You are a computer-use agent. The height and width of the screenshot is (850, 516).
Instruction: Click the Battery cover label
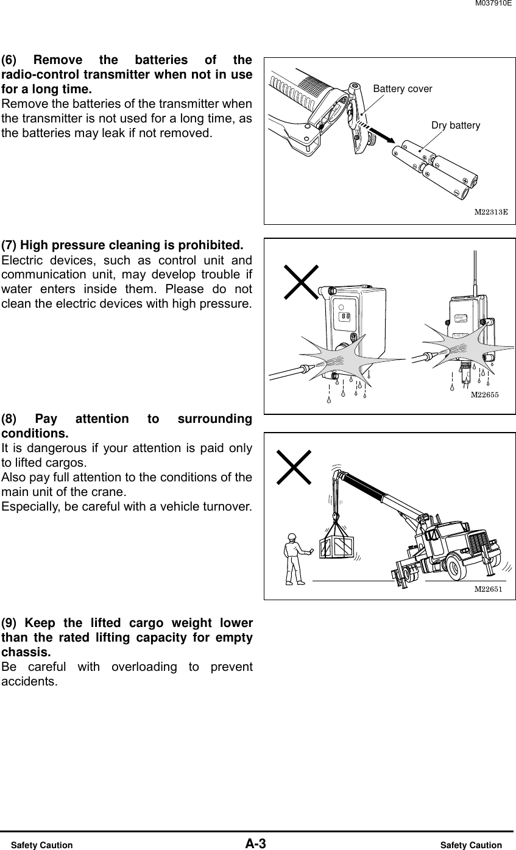[x=402, y=89]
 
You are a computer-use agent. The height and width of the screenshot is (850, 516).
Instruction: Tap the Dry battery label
[x=455, y=126]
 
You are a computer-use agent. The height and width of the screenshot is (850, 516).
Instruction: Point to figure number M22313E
[x=491, y=212]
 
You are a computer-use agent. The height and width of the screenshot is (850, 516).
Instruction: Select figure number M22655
[x=484, y=395]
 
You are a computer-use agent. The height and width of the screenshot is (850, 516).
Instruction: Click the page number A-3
[x=256, y=844]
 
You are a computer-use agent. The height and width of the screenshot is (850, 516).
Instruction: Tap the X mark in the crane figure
[x=294, y=467]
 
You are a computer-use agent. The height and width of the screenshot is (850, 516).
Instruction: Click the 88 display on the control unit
[x=345, y=317]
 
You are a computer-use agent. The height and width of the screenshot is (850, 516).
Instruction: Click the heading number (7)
[x=9, y=246]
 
